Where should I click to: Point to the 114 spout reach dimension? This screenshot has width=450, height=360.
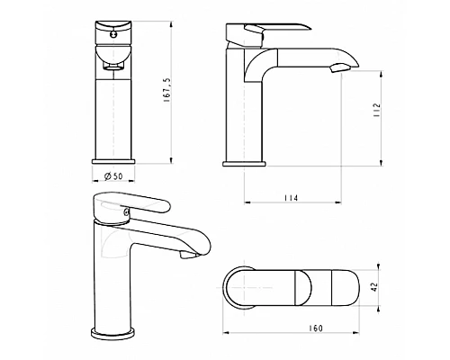pos(289,197)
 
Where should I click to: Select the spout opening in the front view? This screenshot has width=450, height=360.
pos(114,66)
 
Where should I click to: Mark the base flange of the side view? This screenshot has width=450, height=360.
pos(244,163)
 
